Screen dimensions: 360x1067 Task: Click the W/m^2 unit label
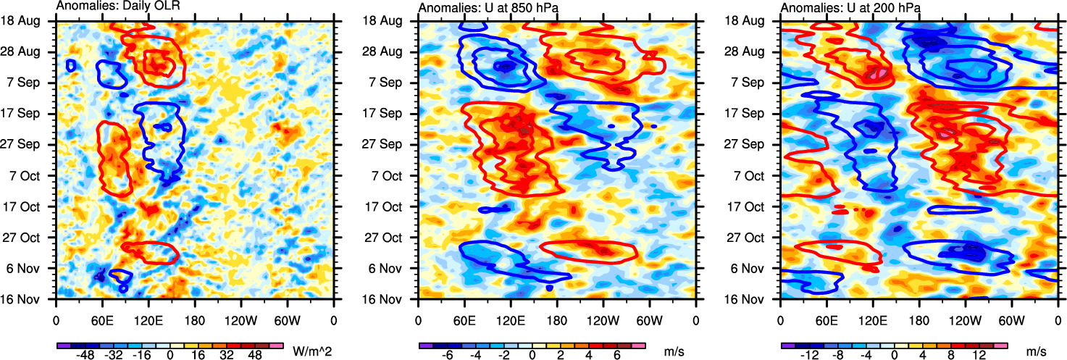point(312,351)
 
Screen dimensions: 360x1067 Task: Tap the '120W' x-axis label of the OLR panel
point(240,319)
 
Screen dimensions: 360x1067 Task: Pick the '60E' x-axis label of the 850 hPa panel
point(464,319)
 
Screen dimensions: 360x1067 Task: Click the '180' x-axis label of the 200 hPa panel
point(919,319)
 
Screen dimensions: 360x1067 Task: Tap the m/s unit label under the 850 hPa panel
point(674,351)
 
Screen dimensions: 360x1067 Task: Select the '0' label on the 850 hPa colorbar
point(532,357)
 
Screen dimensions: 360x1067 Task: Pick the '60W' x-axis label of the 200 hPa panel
point(1011,319)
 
